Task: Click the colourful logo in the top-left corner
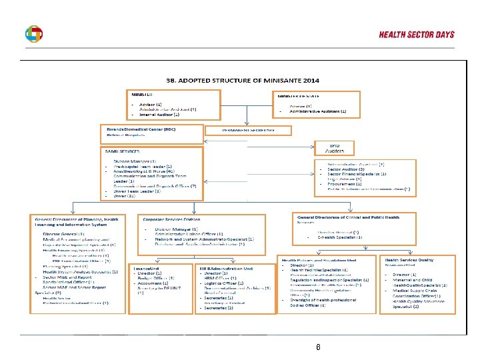[33, 35]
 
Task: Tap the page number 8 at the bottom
[319, 347]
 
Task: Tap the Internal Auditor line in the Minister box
[159, 115]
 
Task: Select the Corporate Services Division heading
[171, 219]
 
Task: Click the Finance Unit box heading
[145, 268]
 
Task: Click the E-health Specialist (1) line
[339, 237]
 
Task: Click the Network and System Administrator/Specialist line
[200, 238]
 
